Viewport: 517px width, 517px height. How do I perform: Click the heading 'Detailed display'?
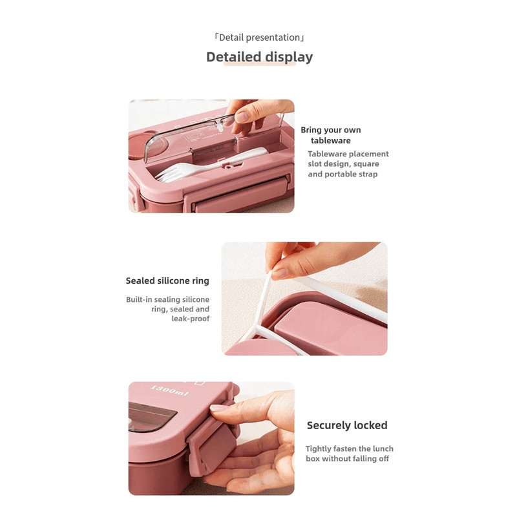(260, 57)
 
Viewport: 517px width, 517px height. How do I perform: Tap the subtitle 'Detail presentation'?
(259, 37)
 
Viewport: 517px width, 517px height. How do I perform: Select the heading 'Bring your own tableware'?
(331, 135)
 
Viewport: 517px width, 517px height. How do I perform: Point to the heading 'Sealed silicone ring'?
(167, 280)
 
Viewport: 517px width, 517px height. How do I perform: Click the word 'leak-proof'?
(190, 319)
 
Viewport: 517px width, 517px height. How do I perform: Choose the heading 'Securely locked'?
(347, 425)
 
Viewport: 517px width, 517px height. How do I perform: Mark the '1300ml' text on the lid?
(169, 390)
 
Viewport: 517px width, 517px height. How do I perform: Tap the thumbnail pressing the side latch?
(218, 408)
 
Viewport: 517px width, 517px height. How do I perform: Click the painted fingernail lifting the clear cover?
(242, 117)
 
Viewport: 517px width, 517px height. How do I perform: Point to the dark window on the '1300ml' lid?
(151, 416)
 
